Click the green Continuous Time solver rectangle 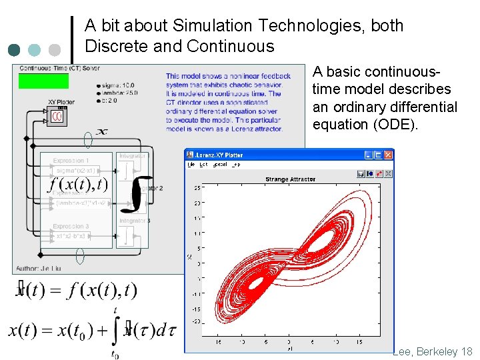43,81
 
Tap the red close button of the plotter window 389,155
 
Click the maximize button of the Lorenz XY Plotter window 379,155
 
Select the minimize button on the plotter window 369,155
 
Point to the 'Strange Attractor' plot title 291,179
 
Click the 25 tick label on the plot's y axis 197,188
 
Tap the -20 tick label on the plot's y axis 197,321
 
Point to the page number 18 466,351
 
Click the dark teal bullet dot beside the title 15,49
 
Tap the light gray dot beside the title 55,49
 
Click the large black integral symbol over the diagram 138,189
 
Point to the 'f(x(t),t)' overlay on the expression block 79,183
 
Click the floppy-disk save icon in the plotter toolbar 361,174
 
